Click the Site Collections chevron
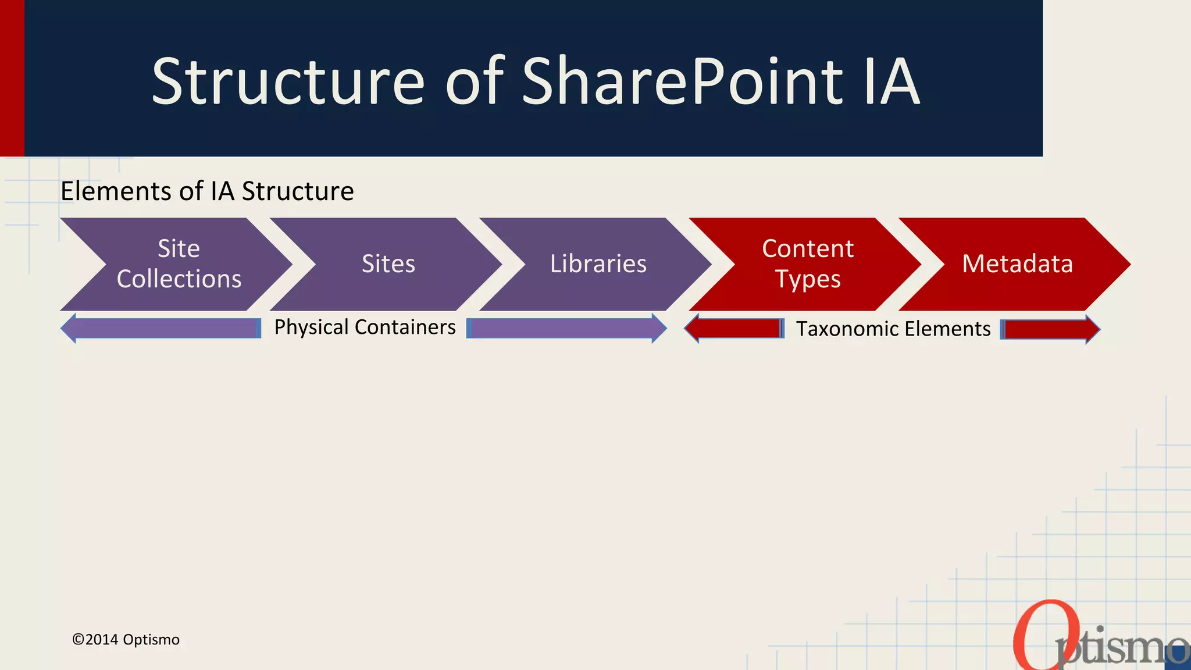[174, 264]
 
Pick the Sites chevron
[388, 264]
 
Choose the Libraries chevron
[598, 264]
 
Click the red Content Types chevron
[807, 264]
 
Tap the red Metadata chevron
[1017, 264]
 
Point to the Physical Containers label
[365, 327]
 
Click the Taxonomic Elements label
[893, 329]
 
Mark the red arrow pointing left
[734, 329]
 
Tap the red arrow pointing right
[1050, 329]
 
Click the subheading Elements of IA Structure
[207, 191]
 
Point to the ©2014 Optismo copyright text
[126, 640]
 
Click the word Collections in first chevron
[179, 279]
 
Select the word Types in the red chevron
[808, 280]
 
